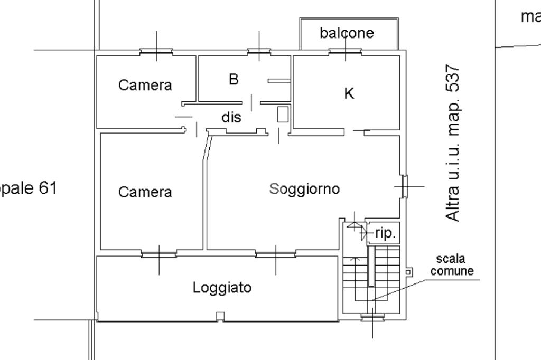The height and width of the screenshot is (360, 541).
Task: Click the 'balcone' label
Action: point(347,33)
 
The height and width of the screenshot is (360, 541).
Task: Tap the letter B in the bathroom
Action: point(234,79)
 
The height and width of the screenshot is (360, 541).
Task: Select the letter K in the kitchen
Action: point(349,93)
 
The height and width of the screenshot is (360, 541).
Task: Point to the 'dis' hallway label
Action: point(231,117)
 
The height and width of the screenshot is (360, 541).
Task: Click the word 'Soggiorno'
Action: point(304,188)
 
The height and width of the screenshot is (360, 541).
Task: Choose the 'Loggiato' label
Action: point(222,288)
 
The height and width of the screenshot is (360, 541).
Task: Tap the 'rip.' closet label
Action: point(385,233)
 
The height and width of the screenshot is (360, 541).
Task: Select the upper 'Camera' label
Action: point(145,85)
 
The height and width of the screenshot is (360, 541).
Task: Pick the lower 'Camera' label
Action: point(145,192)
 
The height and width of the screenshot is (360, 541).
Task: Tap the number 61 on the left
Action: point(47,187)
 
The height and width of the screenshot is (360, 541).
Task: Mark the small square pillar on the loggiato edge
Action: point(220,316)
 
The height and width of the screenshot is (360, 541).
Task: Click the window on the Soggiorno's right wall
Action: point(404,186)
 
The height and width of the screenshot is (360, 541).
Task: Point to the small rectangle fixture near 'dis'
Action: point(283,115)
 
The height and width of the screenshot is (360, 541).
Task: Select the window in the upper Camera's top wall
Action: point(156,52)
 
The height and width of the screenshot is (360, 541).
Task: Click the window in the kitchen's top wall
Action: point(346,52)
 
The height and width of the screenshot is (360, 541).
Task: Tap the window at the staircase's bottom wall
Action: point(372,317)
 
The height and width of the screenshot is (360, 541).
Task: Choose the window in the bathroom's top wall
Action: point(259,52)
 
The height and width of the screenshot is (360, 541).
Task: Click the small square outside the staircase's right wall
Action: point(408,271)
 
